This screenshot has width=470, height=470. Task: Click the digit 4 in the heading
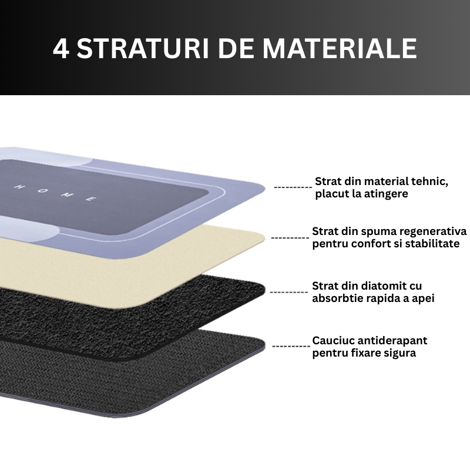(62, 48)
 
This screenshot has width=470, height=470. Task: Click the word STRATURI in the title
(143, 48)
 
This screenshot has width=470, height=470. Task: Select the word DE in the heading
(236, 48)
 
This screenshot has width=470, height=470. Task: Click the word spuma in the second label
(378, 232)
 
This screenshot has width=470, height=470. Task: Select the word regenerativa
(433, 231)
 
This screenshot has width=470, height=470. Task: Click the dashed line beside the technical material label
(293, 187)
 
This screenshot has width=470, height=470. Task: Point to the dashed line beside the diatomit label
(288, 292)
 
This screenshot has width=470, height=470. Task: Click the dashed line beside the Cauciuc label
(291, 347)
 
